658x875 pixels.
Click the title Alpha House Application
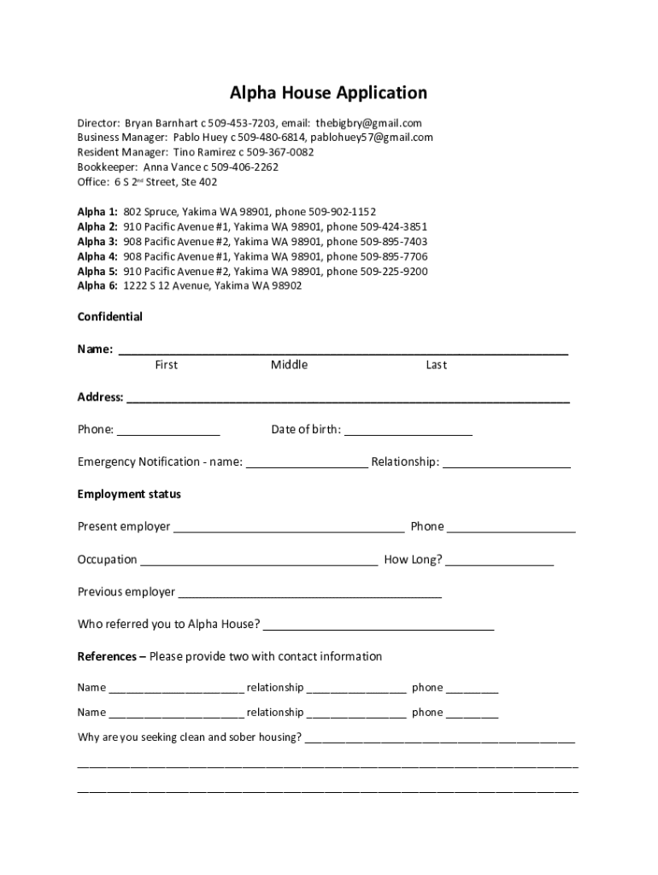(x=328, y=92)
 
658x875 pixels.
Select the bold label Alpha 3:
(x=97, y=242)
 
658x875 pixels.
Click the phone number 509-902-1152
(x=338, y=212)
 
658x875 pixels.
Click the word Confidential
(x=110, y=317)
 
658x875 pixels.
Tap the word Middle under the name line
(x=289, y=365)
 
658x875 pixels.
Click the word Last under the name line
(x=436, y=365)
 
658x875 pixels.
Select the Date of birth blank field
(x=408, y=430)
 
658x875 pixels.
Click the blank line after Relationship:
(x=507, y=462)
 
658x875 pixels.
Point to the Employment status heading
(x=129, y=495)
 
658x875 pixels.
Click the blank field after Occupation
(x=259, y=561)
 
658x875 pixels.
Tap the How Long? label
(x=413, y=560)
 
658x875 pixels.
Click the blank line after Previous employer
(x=310, y=593)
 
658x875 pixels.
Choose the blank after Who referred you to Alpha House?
(x=379, y=625)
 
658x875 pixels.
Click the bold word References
(x=107, y=656)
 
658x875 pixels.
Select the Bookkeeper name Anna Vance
(x=172, y=167)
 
